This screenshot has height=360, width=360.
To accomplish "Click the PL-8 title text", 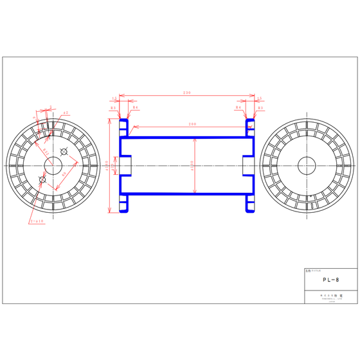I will coord(330,280).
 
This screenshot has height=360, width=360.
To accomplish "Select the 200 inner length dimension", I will coord(192,123).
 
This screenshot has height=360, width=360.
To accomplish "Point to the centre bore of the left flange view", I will coord(52,166).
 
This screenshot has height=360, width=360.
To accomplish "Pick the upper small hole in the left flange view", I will coord(64,151).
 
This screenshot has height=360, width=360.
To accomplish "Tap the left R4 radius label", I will coord(135,108).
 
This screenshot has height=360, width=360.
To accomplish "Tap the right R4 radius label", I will coord(239,108).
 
